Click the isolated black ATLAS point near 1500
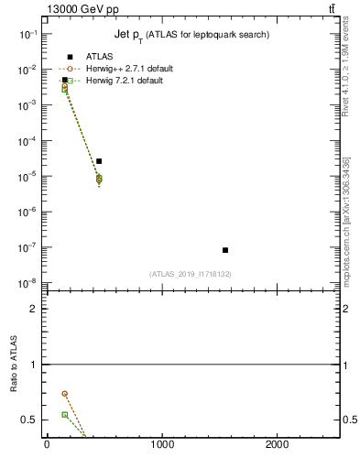pyautogui.click(x=225, y=250)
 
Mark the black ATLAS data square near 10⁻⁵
pyautogui.click(x=99, y=161)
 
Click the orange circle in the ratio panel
pyautogui.click(x=64, y=394)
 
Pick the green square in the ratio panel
pyautogui.click(x=64, y=415)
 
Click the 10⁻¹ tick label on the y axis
pyautogui.click(x=28, y=34)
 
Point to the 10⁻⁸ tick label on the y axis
pyautogui.click(x=28, y=283)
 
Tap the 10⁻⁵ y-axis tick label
pyautogui.click(x=28, y=176)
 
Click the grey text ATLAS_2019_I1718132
pyautogui.click(x=191, y=274)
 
